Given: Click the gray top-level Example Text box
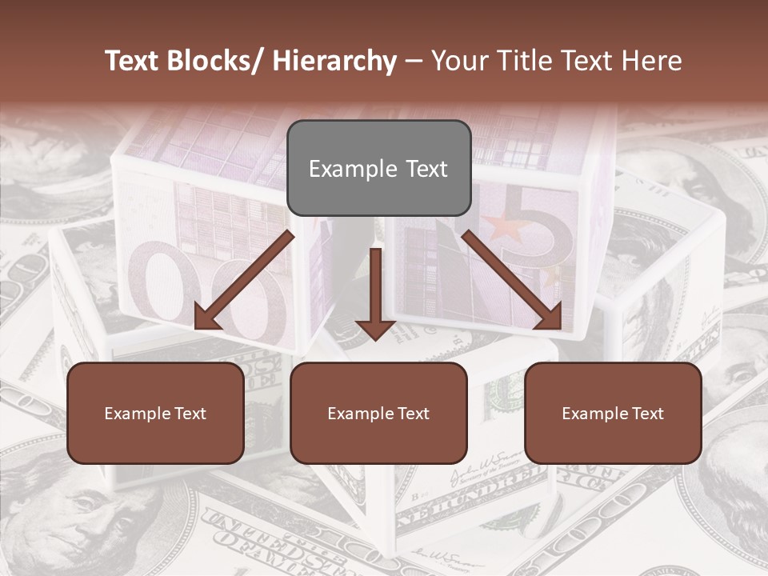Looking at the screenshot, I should pos(378,168).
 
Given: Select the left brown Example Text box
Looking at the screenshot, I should pos(155,413).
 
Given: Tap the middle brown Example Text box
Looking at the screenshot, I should pos(378,413).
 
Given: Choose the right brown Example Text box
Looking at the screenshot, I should pos(613,413).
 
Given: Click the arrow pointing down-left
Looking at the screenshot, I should pos(244,281).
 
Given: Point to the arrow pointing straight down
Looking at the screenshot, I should pos(375,292).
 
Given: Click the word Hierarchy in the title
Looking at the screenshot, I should pos(334,61).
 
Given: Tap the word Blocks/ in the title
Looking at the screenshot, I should pos(219,61).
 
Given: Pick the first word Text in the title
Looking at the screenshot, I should pos(135,61).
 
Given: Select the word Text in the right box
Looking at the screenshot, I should pos(647,413).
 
